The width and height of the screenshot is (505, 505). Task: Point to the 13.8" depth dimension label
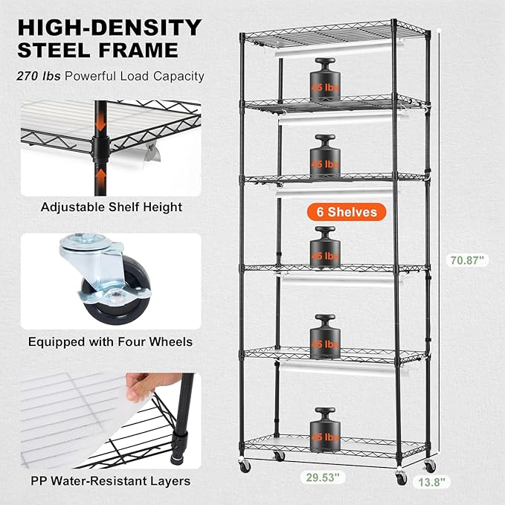tap(431, 482)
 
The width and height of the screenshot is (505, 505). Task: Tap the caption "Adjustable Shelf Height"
tap(101, 207)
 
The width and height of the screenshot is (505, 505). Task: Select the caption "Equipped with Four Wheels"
tap(110, 342)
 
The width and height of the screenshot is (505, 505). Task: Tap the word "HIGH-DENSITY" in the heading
tap(109, 28)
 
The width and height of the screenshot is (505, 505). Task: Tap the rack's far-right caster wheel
tap(429, 467)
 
